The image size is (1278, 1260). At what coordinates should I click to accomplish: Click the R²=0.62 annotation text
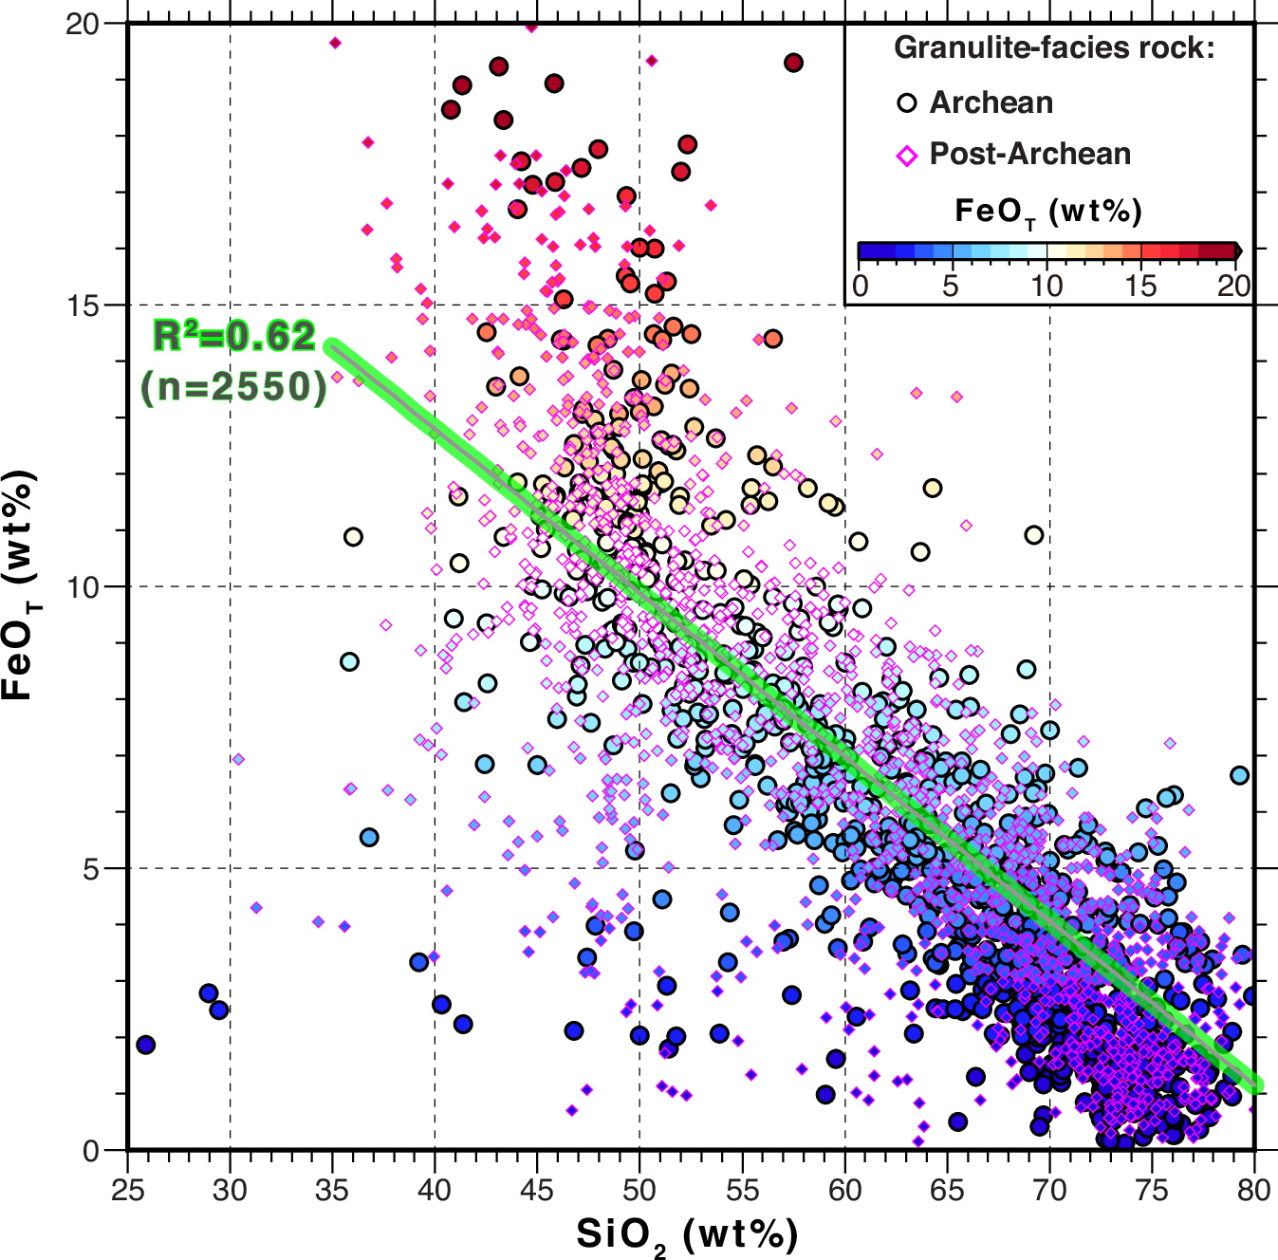pyautogui.click(x=234, y=337)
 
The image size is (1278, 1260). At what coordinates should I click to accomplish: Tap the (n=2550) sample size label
pyautogui.click(x=234, y=387)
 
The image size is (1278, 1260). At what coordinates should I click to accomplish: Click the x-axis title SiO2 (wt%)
pyautogui.click(x=687, y=1235)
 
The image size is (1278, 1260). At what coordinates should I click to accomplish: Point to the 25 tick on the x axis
pyautogui.click(x=127, y=1189)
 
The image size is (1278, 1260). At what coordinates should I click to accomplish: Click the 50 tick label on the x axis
pyautogui.click(x=639, y=1189)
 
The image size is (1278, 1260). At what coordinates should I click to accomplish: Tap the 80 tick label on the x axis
pyautogui.click(x=1254, y=1189)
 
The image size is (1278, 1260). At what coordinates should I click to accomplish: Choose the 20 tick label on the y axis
pyautogui.click(x=83, y=24)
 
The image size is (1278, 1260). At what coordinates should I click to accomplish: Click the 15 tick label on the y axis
pyautogui.click(x=83, y=306)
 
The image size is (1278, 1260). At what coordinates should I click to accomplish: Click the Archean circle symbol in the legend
pyautogui.click(x=907, y=103)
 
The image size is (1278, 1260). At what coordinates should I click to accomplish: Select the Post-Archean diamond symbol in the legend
pyautogui.click(x=907, y=155)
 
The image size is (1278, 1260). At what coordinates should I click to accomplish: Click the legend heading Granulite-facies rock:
pyautogui.click(x=1054, y=47)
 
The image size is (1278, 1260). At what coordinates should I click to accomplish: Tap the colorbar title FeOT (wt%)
pyautogui.click(x=1047, y=212)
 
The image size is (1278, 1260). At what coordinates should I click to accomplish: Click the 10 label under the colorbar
pyautogui.click(x=1046, y=286)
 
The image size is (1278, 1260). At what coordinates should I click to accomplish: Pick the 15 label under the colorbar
pyautogui.click(x=1140, y=286)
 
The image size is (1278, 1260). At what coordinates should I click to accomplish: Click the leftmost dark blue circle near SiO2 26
pyautogui.click(x=145, y=1045)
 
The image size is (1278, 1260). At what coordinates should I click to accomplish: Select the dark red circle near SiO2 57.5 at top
pyautogui.click(x=794, y=63)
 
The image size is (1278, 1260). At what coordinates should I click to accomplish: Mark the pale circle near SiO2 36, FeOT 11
pyautogui.click(x=353, y=537)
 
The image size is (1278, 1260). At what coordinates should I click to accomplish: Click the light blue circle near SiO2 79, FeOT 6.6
pyautogui.click(x=1239, y=775)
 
